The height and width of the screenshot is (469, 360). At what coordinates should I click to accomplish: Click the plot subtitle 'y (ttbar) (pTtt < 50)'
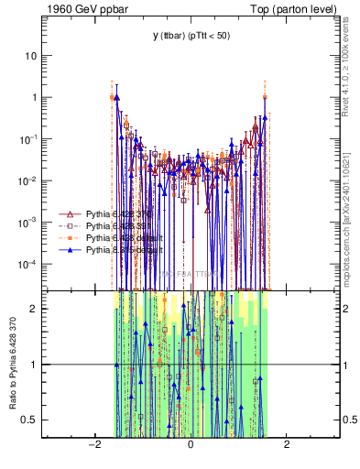click(191, 36)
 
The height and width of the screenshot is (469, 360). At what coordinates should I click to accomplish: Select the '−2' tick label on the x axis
click(93, 445)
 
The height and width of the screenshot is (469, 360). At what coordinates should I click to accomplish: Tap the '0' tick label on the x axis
click(191, 445)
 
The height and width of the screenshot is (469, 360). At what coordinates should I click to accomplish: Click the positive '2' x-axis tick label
click(287, 445)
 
